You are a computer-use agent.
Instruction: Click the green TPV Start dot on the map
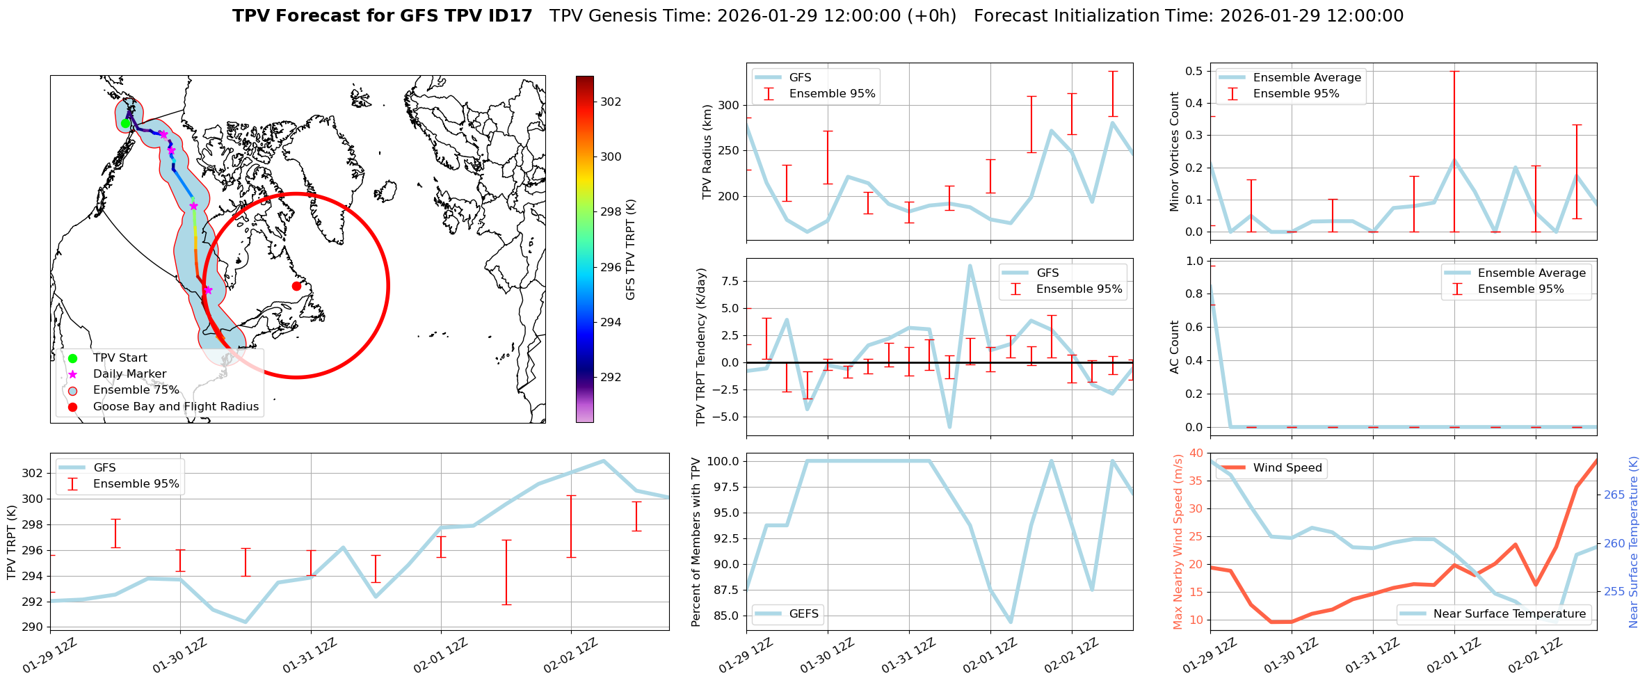(x=125, y=124)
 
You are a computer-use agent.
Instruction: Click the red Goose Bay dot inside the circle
(x=296, y=286)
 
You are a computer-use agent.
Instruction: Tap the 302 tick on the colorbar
(x=611, y=102)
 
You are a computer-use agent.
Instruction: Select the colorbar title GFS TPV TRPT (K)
(x=630, y=249)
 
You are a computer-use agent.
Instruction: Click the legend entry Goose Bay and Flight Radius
(x=175, y=406)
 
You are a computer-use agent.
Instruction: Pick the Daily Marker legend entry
(x=129, y=373)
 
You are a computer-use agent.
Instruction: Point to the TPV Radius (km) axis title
(x=707, y=152)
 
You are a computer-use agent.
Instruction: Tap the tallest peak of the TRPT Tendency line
(x=970, y=265)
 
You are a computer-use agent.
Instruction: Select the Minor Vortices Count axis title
(x=1175, y=152)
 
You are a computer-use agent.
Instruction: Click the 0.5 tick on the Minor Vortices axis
(x=1194, y=71)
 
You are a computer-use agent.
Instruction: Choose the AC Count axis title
(x=1175, y=346)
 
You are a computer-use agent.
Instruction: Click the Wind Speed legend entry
(x=1287, y=467)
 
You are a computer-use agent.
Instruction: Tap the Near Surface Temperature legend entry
(x=1509, y=613)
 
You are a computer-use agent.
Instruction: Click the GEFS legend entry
(x=803, y=613)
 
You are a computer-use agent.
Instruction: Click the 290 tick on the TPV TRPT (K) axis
(x=37, y=627)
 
